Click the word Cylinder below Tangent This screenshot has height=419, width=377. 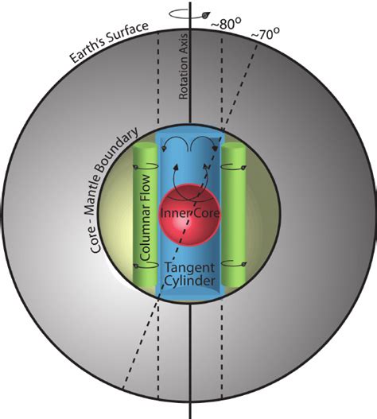pyautogui.click(x=191, y=285)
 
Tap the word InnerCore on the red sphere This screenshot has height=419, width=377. pyautogui.click(x=189, y=215)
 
